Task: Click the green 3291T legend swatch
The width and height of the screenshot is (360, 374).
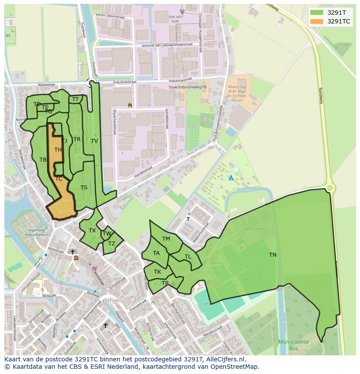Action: pyautogui.click(x=317, y=12)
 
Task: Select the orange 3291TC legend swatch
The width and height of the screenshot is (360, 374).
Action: pyautogui.click(x=317, y=21)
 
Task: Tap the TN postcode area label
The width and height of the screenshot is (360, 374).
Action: pyautogui.click(x=273, y=255)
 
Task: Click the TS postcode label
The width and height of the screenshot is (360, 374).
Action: pyautogui.click(x=84, y=188)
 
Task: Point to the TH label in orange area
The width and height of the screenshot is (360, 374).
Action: pyautogui.click(x=58, y=150)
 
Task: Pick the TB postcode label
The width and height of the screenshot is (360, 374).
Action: pyautogui.click(x=43, y=160)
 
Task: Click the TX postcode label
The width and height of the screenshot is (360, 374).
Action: pyautogui.click(x=92, y=231)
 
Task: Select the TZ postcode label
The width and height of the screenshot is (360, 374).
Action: pyautogui.click(x=112, y=244)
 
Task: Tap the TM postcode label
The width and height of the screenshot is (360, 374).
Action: pyautogui.click(x=166, y=239)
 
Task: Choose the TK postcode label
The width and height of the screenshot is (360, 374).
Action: pyautogui.click(x=157, y=272)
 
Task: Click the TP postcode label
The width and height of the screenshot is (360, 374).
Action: pyautogui.click(x=165, y=283)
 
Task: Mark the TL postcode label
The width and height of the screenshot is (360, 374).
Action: pyautogui.click(x=188, y=257)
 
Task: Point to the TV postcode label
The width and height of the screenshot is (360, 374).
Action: pyautogui.click(x=94, y=141)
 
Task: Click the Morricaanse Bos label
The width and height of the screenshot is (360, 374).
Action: pyautogui.click(x=293, y=345)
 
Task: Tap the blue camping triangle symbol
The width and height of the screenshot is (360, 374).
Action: pyautogui.click(x=231, y=178)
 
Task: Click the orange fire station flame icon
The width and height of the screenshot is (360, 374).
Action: pyautogui.click(x=130, y=105)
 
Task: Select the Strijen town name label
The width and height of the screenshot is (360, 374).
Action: pyautogui.click(x=112, y=301)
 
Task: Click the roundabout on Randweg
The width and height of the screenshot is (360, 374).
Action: pyautogui.click(x=330, y=188)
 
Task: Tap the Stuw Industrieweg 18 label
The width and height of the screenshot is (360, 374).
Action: pyautogui.click(x=187, y=87)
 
